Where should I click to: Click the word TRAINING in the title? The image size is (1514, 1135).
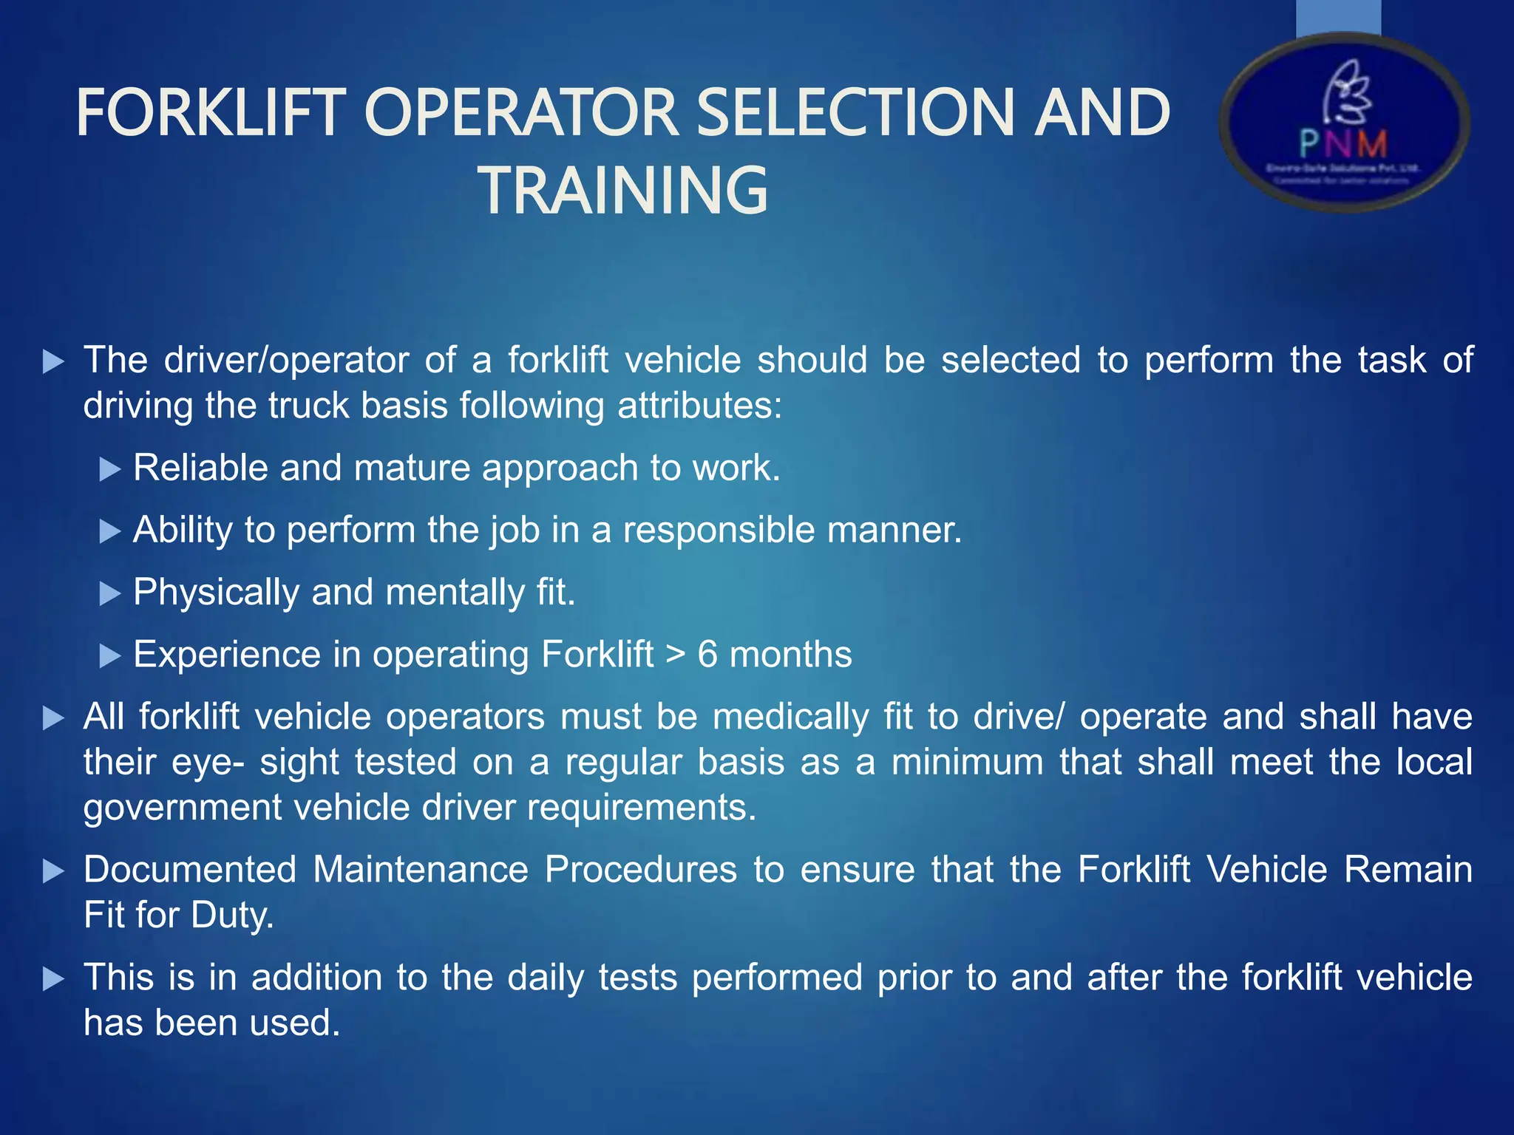coord(625,191)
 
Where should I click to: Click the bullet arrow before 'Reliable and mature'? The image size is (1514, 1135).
coord(109,469)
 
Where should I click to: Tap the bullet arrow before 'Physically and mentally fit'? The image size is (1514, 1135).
coord(109,593)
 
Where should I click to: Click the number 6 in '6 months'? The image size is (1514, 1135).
coord(707,655)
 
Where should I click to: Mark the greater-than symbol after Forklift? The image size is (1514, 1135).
coord(676,655)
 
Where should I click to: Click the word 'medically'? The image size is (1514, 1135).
coord(790,717)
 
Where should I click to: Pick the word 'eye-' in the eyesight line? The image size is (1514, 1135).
coord(208,763)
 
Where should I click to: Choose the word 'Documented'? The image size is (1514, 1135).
coord(190,870)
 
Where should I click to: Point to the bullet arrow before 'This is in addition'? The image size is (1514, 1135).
coord(53,979)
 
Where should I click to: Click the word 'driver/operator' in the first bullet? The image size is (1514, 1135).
coord(286,361)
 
